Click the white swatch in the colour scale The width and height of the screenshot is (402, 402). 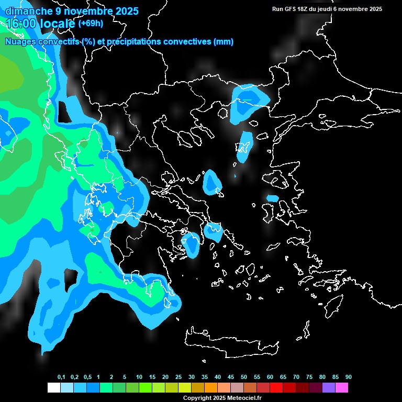[x=53, y=387]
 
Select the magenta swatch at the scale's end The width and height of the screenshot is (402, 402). [x=342, y=387]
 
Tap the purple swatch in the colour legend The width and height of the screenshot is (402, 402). [x=329, y=387]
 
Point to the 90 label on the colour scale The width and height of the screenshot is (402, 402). [x=349, y=377]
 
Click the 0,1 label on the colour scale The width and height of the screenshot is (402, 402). [x=61, y=377]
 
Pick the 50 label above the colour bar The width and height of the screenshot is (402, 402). [x=244, y=377]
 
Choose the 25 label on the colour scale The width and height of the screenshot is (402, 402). [x=178, y=377]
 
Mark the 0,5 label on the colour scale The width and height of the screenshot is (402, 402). [x=87, y=377]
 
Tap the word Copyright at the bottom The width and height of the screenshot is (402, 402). [x=197, y=398]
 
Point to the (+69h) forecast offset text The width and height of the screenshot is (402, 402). [x=91, y=23]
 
